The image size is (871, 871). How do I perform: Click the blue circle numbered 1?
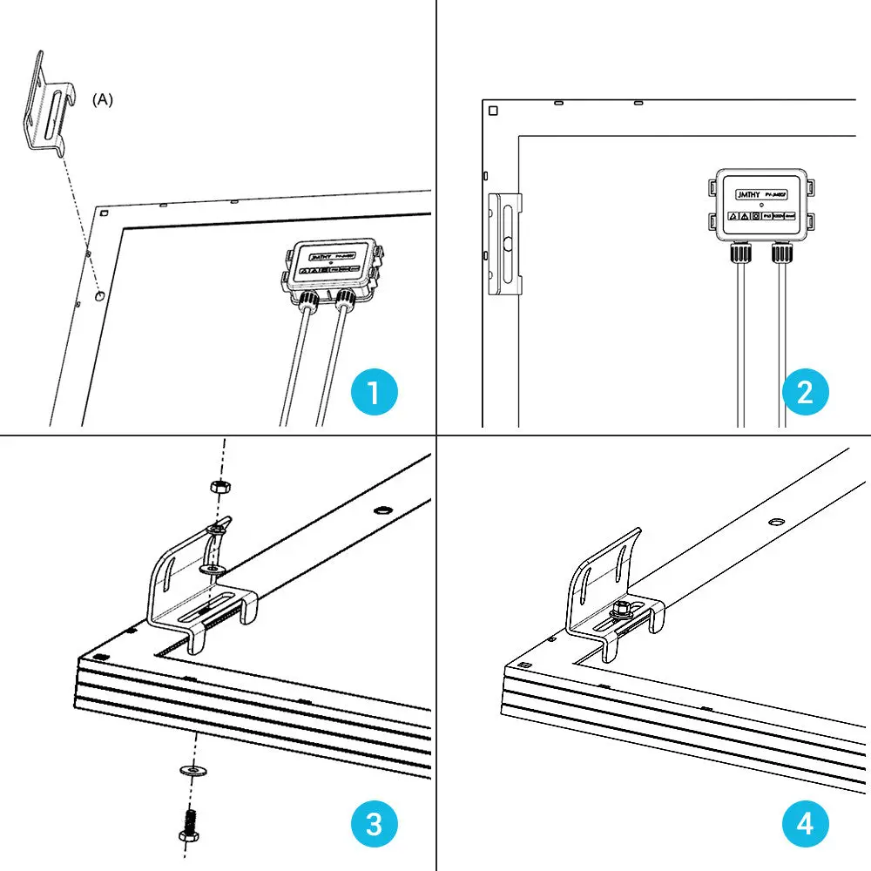pyautogui.click(x=374, y=392)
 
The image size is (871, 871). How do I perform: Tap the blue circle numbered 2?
pyautogui.click(x=805, y=392)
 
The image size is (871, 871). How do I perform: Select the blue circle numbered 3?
pyautogui.click(x=374, y=823)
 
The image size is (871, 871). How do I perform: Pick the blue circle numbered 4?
pyautogui.click(x=805, y=823)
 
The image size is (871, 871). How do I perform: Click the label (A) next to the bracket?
pyautogui.click(x=103, y=100)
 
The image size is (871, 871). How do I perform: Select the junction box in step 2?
pyautogui.click(x=761, y=206)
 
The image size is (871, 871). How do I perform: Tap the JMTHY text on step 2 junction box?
pyautogui.click(x=748, y=192)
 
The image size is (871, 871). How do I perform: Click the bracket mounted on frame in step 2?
pyautogui.click(x=505, y=245)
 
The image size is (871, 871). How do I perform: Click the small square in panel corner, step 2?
pyautogui.click(x=493, y=111)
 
